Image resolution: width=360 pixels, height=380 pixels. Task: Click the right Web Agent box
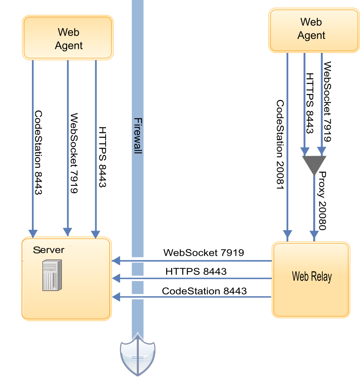click(x=314, y=29)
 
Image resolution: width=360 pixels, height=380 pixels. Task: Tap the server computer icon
click(x=51, y=275)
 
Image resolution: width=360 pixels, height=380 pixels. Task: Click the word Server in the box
click(x=49, y=250)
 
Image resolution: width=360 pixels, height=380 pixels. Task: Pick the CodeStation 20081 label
click(x=280, y=145)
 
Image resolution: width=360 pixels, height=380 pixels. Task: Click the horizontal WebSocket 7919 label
click(x=203, y=253)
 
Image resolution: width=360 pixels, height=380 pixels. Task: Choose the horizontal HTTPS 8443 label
click(x=196, y=272)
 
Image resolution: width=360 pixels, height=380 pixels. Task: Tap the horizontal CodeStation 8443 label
click(x=204, y=291)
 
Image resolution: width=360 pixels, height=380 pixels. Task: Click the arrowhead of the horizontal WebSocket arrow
click(x=116, y=261)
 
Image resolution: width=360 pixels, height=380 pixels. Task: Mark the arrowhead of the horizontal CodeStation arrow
click(x=116, y=296)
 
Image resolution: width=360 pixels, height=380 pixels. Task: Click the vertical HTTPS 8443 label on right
click(x=309, y=103)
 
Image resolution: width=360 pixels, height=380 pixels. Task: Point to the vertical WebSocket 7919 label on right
click(x=327, y=101)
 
